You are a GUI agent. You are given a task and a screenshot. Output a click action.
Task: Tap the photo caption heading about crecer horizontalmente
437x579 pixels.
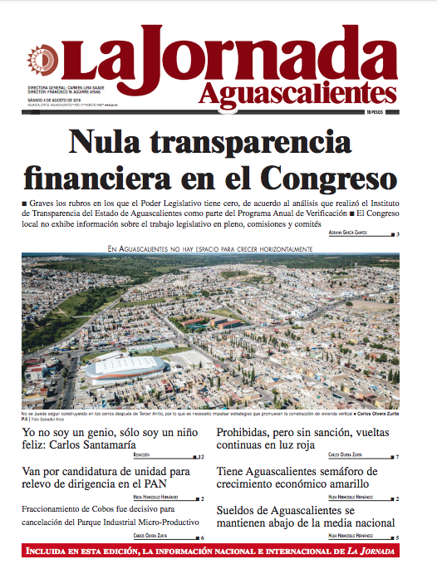pyautogui.click(x=209, y=248)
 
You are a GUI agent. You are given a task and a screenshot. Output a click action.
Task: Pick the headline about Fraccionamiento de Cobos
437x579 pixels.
pyautogui.click(x=110, y=515)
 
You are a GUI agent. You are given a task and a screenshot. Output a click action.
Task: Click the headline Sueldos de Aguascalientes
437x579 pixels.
pyautogui.click(x=306, y=516)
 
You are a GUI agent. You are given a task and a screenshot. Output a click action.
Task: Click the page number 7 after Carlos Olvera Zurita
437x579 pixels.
pyautogui.click(x=397, y=458)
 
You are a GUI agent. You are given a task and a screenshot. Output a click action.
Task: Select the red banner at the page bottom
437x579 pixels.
pyautogui.click(x=218, y=551)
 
